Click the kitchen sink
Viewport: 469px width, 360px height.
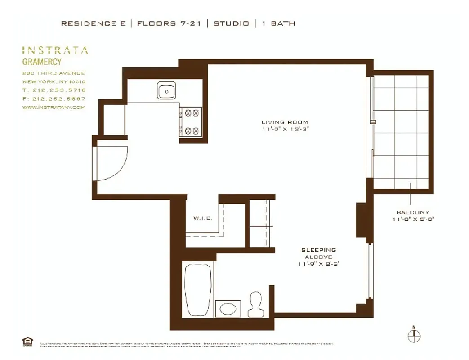pos(167,91)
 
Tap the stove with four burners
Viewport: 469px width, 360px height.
pos(192,122)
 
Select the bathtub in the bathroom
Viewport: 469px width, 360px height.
pos(198,290)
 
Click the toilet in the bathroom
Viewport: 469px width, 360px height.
pos(255,304)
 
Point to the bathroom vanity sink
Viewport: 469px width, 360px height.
pos(228,309)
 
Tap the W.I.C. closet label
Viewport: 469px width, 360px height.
pos(203,218)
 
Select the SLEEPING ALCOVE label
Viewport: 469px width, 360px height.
pos(318,253)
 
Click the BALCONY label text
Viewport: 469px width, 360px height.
pos(412,212)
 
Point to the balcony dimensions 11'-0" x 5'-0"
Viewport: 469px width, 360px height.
pos(412,219)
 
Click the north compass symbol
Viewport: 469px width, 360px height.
pos(414,335)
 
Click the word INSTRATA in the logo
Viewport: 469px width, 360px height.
pos(55,50)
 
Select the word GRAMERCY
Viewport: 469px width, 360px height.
pos(42,62)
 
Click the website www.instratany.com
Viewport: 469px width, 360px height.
pos(53,107)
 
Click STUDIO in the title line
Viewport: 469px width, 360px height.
pos(231,23)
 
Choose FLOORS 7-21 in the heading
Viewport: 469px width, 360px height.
pos(169,23)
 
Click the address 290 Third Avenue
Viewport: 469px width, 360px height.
pos(54,73)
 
